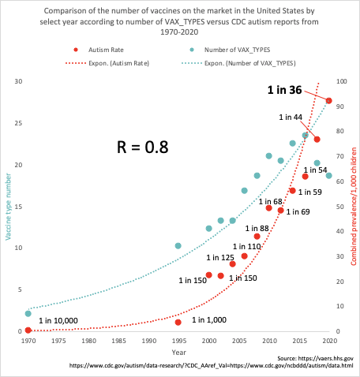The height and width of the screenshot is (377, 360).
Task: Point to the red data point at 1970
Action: pos(28,330)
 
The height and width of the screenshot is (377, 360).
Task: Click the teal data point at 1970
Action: pos(28,314)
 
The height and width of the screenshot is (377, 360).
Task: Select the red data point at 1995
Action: pos(178,322)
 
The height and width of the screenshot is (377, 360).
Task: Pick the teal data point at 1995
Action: pos(178,246)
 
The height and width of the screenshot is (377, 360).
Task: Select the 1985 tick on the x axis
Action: pos(118,342)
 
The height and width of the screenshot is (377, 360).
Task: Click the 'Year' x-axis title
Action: pos(179,352)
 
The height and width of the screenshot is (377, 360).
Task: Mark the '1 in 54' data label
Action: pos(315,170)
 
